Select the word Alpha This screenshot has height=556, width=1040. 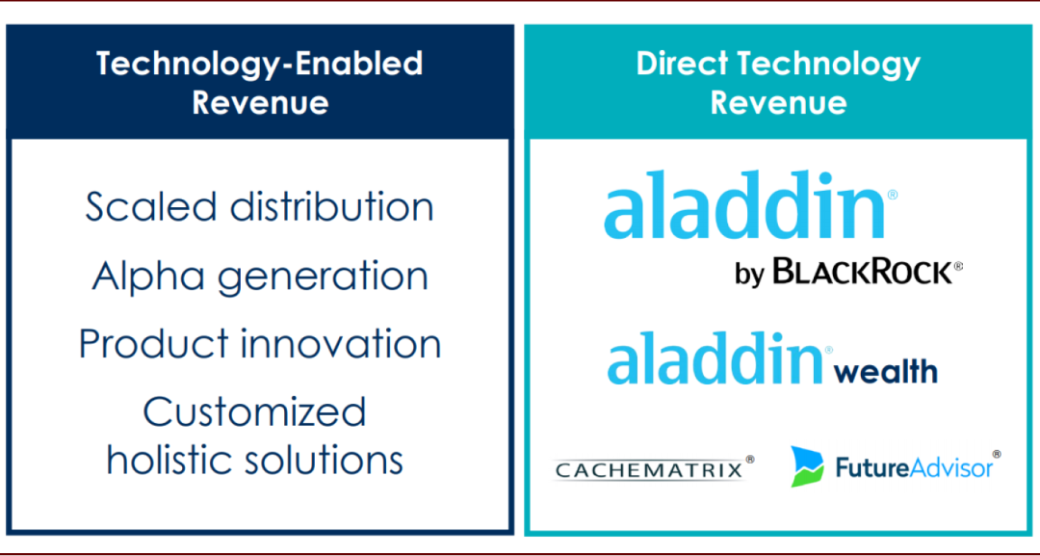tap(148, 276)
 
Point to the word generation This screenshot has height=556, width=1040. tap(323, 278)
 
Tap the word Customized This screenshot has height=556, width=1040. tap(254, 412)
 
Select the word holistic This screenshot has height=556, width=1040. tap(171, 459)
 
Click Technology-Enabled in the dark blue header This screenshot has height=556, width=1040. tap(259, 64)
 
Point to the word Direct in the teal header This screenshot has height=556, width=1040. tap(683, 64)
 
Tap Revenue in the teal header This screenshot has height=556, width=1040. tap(779, 103)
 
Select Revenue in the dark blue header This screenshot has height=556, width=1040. tap(260, 103)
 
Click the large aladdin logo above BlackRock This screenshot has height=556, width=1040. tap(744, 204)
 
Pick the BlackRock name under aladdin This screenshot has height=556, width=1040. tap(864, 272)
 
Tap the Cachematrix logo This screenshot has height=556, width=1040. tap(649, 469)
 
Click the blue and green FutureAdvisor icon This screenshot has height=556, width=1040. tap(807, 466)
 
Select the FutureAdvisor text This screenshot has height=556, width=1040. tap(914, 467)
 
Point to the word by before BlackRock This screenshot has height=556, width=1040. tap(750, 273)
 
